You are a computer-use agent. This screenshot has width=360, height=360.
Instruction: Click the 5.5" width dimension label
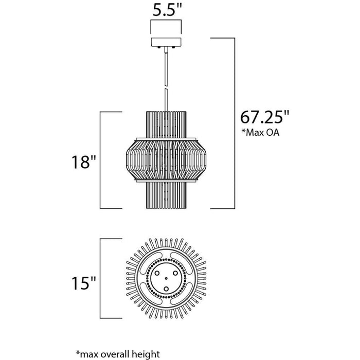(x=167, y=10)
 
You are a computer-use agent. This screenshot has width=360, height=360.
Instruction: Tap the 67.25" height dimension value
(x=265, y=117)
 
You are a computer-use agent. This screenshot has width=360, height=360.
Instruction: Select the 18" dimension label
(x=83, y=162)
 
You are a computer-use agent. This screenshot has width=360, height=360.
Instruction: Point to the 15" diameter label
(x=83, y=283)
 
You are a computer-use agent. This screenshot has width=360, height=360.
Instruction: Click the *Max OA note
(x=260, y=133)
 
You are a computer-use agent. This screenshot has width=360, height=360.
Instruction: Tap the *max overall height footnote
(x=118, y=354)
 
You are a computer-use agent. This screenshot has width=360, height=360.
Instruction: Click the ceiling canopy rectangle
(x=166, y=42)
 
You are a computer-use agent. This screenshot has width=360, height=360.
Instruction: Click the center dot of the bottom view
(x=166, y=278)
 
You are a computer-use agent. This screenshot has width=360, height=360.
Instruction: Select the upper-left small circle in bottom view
(x=157, y=273)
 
